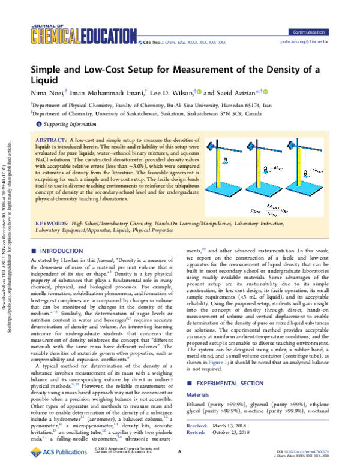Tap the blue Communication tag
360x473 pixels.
(x=313, y=31)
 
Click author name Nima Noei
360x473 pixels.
(x=47, y=93)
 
